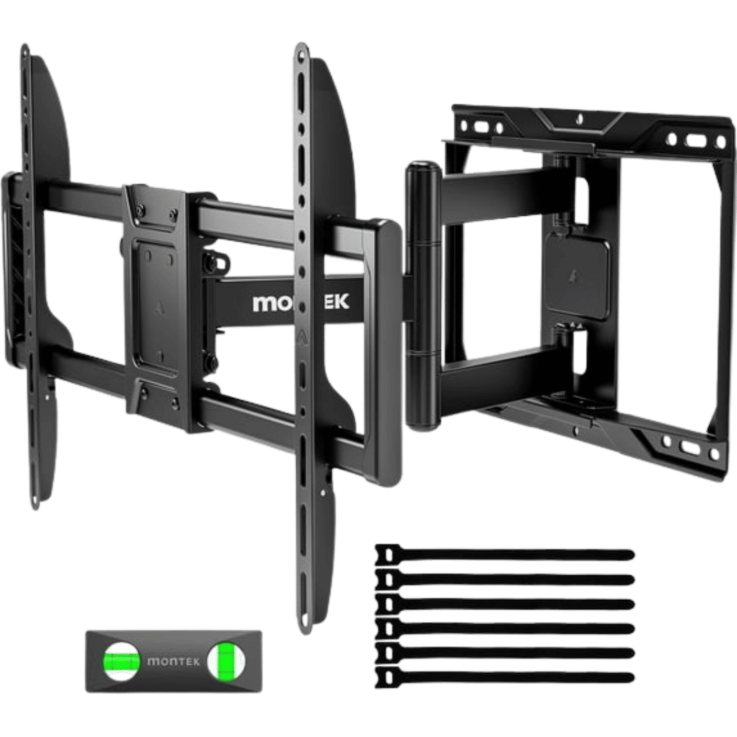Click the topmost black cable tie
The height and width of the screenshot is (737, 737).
[505, 554]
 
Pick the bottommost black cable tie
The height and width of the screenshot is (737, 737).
[505, 676]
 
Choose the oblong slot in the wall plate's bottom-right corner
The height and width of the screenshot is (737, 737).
[689, 448]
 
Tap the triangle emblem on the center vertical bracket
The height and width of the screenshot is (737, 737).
[301, 335]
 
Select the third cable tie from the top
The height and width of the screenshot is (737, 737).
[505, 603]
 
